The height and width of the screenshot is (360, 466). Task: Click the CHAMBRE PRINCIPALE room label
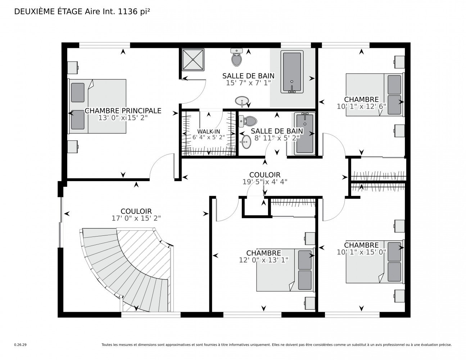point(123,111)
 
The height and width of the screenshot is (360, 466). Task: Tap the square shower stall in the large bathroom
point(193,59)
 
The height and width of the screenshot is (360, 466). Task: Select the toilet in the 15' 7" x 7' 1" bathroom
point(236,57)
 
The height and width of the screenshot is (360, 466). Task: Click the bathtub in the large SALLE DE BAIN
point(292,72)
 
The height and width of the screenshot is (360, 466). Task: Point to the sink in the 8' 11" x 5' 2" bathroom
point(246,141)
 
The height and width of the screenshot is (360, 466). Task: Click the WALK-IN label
point(208,131)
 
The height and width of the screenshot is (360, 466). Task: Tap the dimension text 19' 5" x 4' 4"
point(264,182)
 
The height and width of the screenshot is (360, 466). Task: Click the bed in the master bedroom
point(97,106)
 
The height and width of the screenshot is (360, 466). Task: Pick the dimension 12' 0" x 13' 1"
point(263,260)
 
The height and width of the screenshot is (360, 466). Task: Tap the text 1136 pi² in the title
point(134,12)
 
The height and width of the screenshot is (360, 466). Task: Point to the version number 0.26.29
point(21,345)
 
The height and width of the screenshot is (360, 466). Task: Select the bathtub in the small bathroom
point(304,134)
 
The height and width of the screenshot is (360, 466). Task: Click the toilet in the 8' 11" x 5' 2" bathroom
point(248,121)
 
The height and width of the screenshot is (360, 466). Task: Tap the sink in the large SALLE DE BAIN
point(242,101)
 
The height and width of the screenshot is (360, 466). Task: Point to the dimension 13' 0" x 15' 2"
point(123,118)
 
